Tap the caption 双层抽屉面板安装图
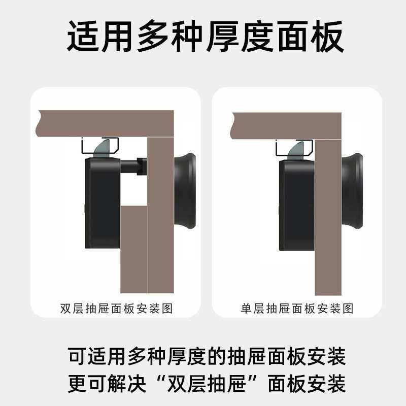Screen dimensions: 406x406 116,309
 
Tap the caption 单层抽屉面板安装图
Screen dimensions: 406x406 297,309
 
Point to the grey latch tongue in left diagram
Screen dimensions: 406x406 100,147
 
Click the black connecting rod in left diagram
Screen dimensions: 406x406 133,166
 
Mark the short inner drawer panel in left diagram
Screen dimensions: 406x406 133,249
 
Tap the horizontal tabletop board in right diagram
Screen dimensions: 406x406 284,125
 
